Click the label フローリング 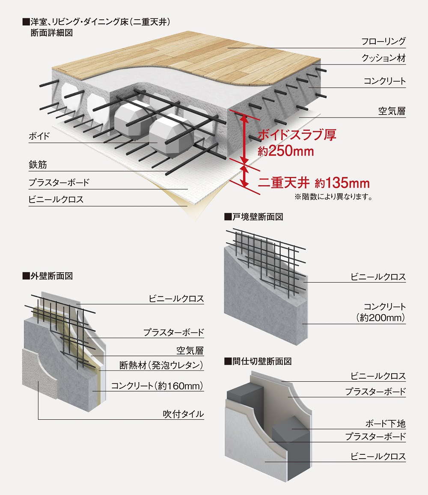tap(383, 41)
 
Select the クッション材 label tap(383, 59)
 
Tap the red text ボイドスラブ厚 tap(297, 135)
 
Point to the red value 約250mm tap(286, 151)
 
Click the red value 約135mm tap(342, 183)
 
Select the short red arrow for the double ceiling tap(244, 176)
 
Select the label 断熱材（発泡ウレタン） tap(161, 365)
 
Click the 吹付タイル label tap(183, 414)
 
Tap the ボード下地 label tap(385, 424)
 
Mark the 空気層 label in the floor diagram tap(392, 112)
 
